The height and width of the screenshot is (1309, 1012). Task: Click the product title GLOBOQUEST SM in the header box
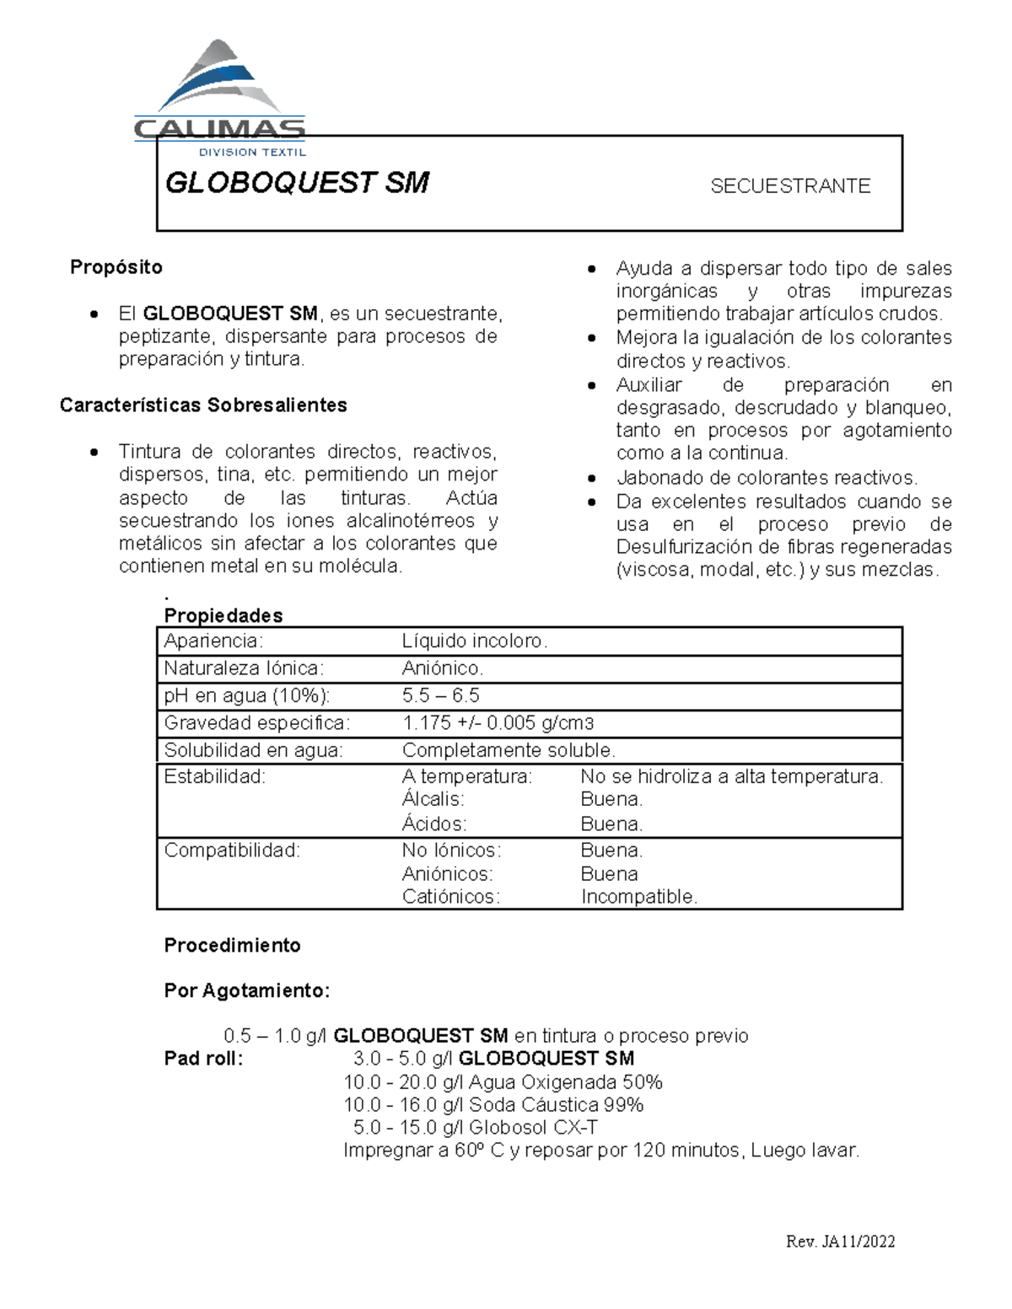coord(297,183)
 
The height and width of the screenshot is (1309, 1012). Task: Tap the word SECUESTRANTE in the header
coord(789,186)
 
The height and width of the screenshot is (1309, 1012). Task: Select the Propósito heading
coord(116,267)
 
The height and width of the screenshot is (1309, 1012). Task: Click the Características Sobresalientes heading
coord(203,405)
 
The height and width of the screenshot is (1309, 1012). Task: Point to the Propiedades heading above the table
coord(223,615)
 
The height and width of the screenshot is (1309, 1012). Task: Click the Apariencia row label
coord(213,641)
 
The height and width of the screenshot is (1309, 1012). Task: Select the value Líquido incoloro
coord(475,641)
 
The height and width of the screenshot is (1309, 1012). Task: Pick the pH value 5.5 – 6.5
coord(440,696)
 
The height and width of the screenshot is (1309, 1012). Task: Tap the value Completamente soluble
coord(509,750)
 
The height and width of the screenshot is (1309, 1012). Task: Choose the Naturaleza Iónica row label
coord(244,669)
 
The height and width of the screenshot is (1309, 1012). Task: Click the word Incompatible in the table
coord(639,897)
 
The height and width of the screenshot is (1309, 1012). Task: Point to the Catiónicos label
coord(450,897)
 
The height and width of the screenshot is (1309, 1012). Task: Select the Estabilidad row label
coord(214,777)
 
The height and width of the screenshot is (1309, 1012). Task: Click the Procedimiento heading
coord(232,946)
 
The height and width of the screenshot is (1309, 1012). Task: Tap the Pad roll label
coord(203,1059)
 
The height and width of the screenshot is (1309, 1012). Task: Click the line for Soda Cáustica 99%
coord(493,1105)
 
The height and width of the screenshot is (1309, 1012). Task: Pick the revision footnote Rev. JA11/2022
coord(840,1242)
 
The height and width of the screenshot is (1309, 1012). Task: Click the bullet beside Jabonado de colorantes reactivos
coord(593,479)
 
